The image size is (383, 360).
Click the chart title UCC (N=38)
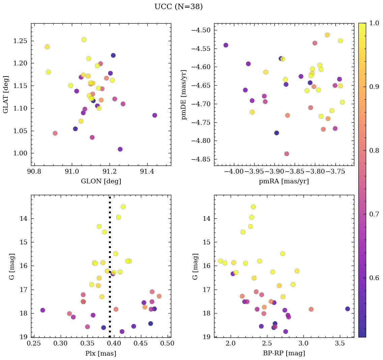pos(178,7)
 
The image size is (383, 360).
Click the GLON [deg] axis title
pos(101,181)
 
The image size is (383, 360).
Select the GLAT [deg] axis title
pos(6,94)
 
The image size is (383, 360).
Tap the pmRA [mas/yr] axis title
pos(284,181)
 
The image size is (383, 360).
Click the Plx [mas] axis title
pos(101,353)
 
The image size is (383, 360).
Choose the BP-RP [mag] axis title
pos(284,353)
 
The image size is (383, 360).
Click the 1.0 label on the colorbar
pos(374,23)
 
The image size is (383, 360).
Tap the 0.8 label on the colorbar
pos(374,150)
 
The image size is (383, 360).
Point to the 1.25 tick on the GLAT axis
pos(20,41)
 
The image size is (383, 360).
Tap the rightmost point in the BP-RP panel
pos(348,309)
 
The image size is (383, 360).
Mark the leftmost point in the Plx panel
pos(43,310)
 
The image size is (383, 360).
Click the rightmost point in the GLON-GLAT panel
pos(154,115)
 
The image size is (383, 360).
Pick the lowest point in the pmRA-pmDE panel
pos(287,154)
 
